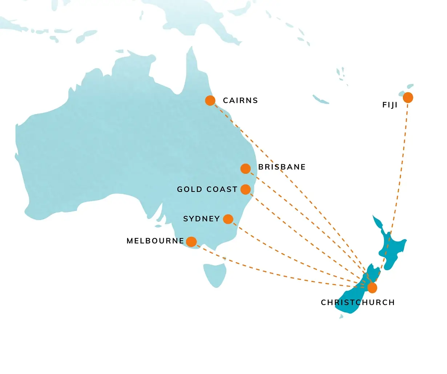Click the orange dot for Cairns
[210, 100]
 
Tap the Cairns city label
[240, 100]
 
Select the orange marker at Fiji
[408, 97]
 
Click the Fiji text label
[390, 105]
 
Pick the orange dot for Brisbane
[246, 169]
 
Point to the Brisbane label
[282, 167]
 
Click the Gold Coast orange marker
[246, 189]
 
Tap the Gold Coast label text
[207, 189]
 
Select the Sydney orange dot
[228, 219]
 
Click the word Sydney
[201, 219]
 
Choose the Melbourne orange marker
[191, 242]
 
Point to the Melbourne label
[155, 241]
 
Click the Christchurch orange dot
[372, 288]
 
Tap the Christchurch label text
[358, 302]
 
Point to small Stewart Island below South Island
[341, 317]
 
